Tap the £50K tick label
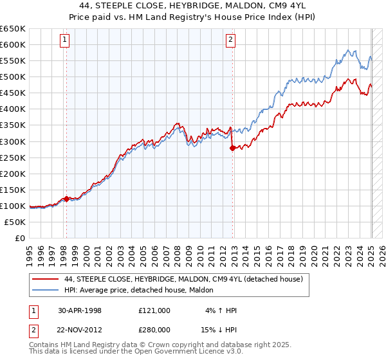15,222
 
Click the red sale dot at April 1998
66,199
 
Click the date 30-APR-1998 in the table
80,310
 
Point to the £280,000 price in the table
154,329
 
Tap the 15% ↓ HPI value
219,329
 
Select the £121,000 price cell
154,310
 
